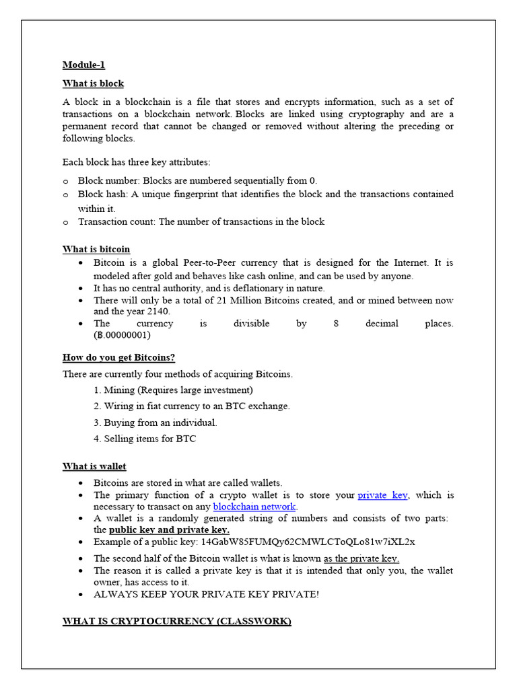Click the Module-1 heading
(83, 65)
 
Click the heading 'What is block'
(93, 83)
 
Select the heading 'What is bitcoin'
(96, 249)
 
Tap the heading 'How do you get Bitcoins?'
(118, 357)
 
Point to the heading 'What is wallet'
(94, 466)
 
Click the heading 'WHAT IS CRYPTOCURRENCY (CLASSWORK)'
(176, 621)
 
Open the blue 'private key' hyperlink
(382, 495)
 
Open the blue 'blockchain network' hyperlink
(254, 507)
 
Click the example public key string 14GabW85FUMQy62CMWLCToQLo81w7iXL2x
(308, 542)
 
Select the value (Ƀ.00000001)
(122, 335)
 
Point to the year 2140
(158, 312)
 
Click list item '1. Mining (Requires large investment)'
(174, 390)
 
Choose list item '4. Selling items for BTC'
(145, 439)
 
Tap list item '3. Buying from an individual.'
(156, 423)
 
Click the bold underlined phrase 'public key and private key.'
(169, 530)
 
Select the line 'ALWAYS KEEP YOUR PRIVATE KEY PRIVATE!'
(206, 594)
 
